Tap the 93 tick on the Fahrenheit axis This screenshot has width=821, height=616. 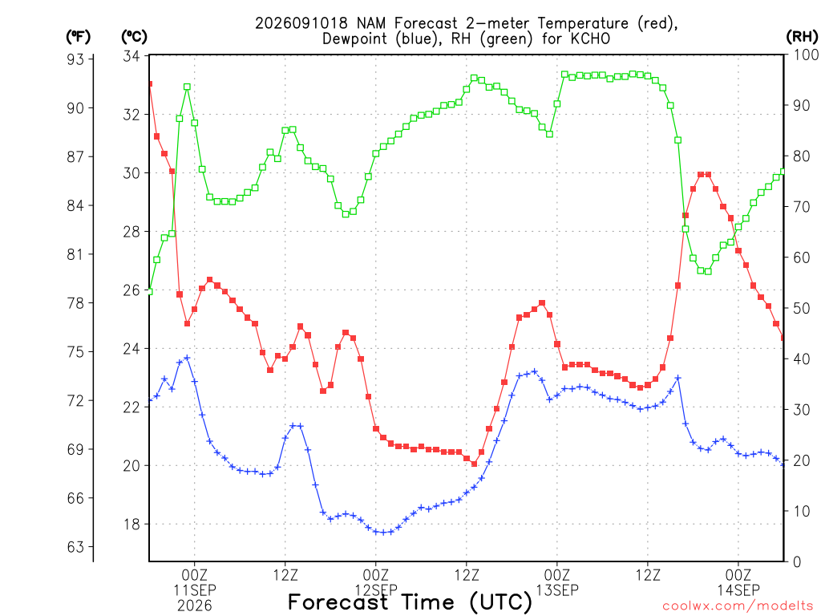pyautogui.click(x=75, y=59)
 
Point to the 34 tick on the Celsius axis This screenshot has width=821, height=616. pyautogui.click(x=131, y=56)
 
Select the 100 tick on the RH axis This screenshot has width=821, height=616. pyautogui.click(x=807, y=55)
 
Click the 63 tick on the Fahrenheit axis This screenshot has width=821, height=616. pyautogui.click(x=75, y=547)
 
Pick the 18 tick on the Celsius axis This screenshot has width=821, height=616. pyautogui.click(x=131, y=525)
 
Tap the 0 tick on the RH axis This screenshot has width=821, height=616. pyautogui.click(x=797, y=562)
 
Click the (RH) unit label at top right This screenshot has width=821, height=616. pyautogui.click(x=802, y=36)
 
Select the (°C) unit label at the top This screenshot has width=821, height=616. pyautogui.click(x=134, y=37)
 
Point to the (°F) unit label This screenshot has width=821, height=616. pyautogui.click(x=78, y=37)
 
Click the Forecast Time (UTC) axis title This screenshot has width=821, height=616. pyautogui.click(x=410, y=602)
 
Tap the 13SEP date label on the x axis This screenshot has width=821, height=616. pyautogui.click(x=557, y=590)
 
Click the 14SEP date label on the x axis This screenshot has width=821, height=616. pyautogui.click(x=738, y=590)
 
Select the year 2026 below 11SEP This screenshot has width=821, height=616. pyautogui.click(x=195, y=606)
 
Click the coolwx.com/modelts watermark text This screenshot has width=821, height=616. pyautogui.click(x=738, y=606)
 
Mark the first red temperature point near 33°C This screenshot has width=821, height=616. pyautogui.click(x=150, y=83)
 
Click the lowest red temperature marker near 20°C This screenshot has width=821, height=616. pyautogui.click(x=475, y=464)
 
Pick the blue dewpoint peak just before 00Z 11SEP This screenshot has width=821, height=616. pyautogui.click(x=187, y=358)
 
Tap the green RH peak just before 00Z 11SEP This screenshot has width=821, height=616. pyautogui.click(x=187, y=87)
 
